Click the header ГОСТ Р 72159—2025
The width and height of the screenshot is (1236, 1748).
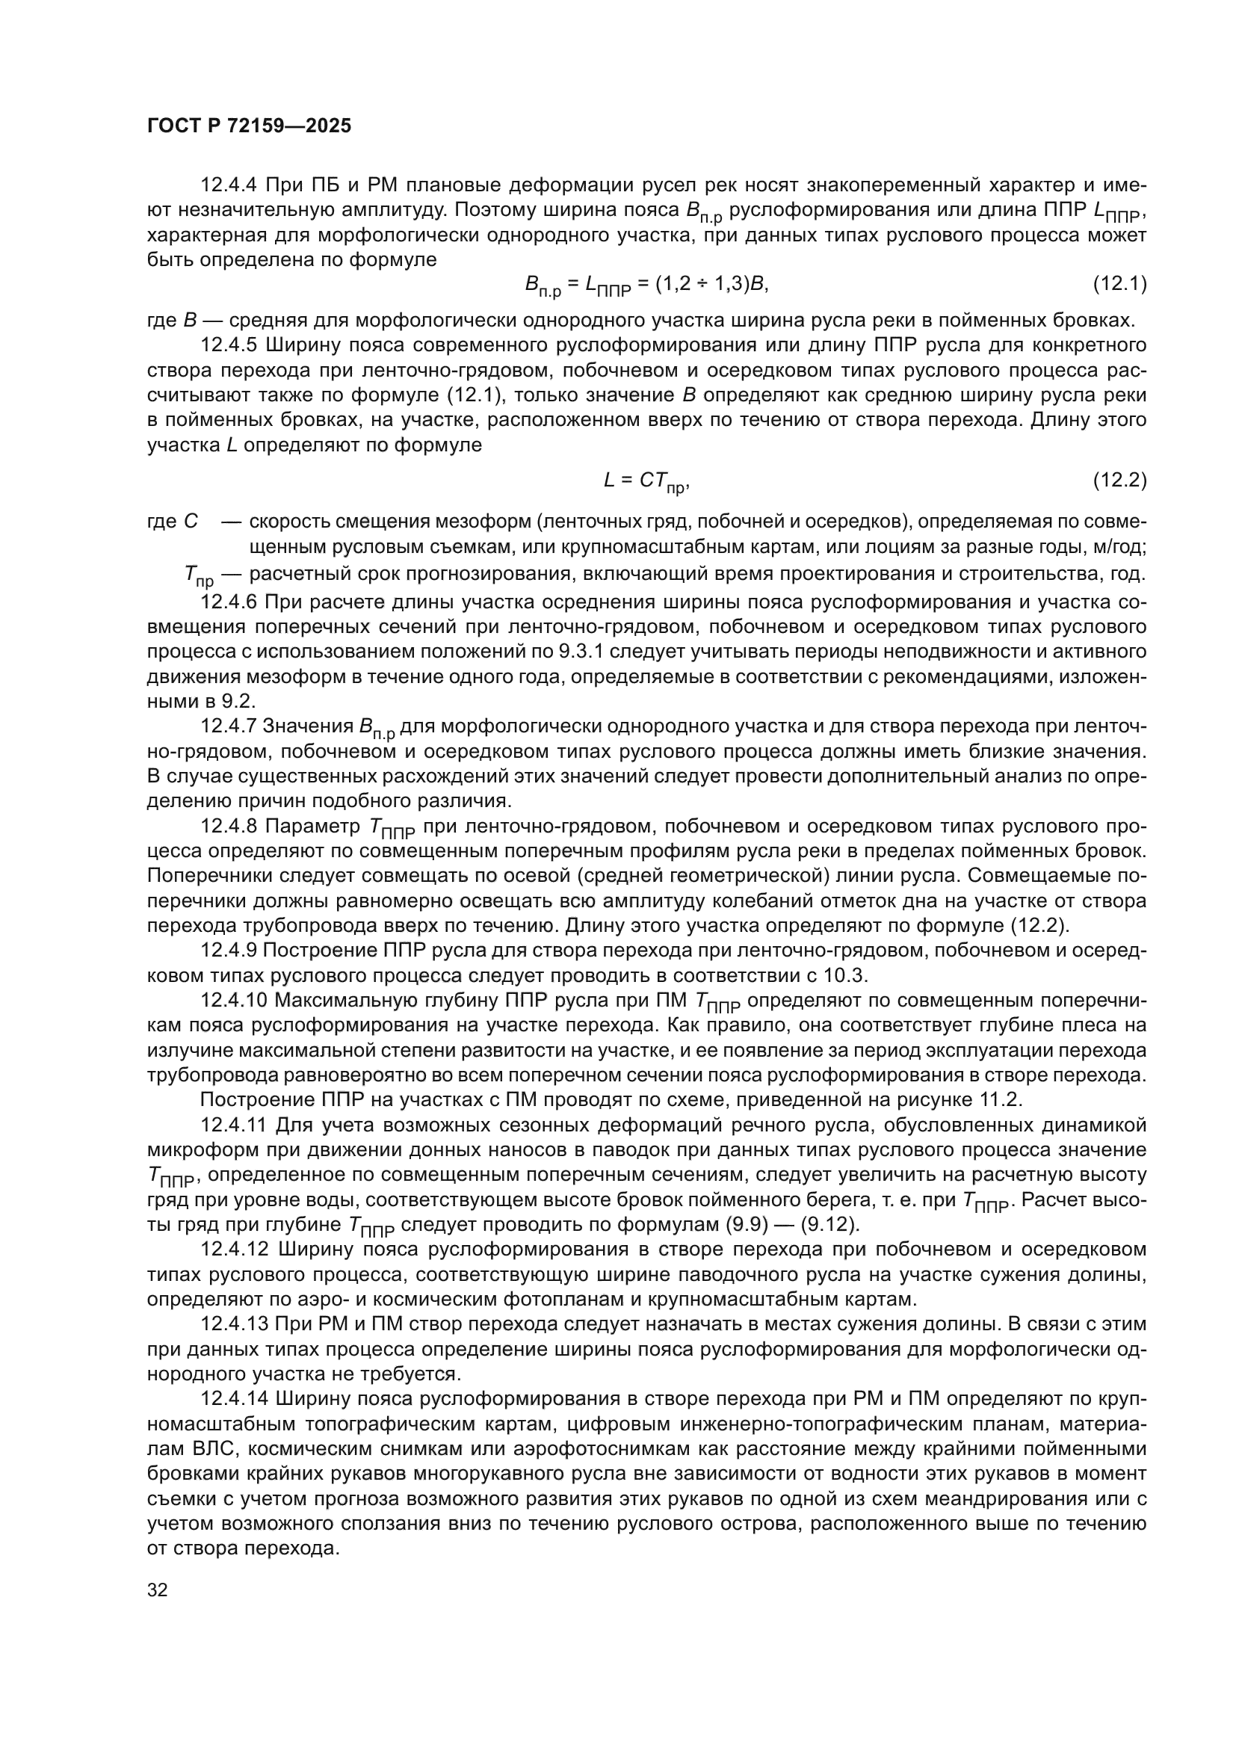249,126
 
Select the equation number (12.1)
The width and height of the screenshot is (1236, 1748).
1119,284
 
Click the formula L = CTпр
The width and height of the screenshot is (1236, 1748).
646,481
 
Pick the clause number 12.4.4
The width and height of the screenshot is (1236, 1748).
230,185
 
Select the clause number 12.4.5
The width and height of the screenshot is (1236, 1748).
230,346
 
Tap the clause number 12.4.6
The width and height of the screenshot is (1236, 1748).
230,602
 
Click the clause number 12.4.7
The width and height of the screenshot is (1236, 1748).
230,726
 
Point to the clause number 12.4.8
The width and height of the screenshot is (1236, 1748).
230,826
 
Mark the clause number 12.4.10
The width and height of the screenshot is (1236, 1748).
235,1000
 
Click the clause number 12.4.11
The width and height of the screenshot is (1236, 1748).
235,1125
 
